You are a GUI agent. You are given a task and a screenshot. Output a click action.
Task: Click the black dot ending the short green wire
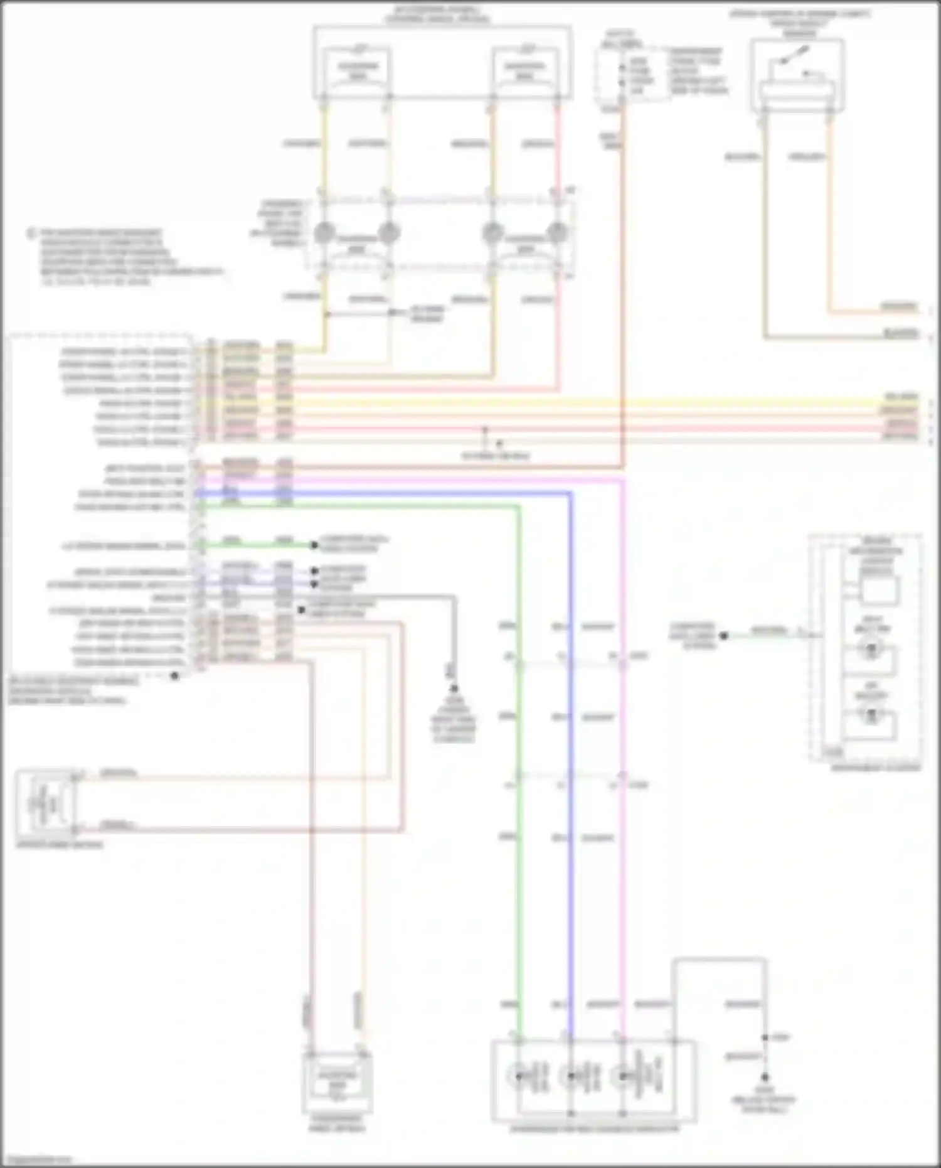(x=314, y=545)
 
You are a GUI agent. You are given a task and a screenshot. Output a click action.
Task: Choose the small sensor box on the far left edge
(x=48, y=803)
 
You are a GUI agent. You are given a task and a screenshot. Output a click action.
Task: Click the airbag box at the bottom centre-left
(x=338, y=1080)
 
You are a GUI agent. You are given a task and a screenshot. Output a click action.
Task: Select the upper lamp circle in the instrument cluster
(x=871, y=649)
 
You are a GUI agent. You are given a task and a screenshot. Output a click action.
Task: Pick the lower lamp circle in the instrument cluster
(x=871, y=716)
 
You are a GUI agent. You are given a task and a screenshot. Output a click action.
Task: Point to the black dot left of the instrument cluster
(x=723, y=635)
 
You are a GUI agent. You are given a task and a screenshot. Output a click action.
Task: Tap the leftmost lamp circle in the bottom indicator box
(x=519, y=1076)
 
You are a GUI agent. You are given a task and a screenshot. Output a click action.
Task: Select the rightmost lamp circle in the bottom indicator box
(x=622, y=1076)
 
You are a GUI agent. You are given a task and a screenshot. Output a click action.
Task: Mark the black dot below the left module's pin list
(x=175, y=676)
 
